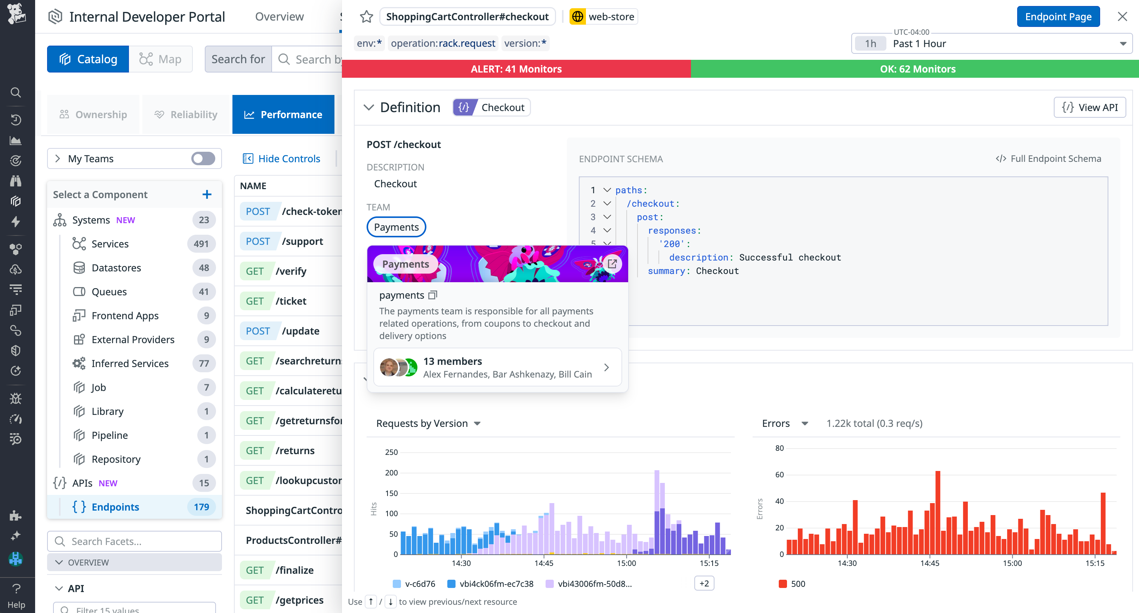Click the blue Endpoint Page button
click(x=1058, y=17)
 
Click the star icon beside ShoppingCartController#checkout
click(x=366, y=17)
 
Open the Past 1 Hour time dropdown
click(x=991, y=43)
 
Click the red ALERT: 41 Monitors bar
click(x=516, y=69)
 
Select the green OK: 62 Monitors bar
click(x=917, y=69)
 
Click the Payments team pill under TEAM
click(x=396, y=227)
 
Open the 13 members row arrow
click(x=606, y=367)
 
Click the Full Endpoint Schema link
click(x=1049, y=158)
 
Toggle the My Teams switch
click(x=203, y=158)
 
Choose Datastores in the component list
click(x=116, y=268)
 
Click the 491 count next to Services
click(x=201, y=244)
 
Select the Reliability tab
click(x=186, y=114)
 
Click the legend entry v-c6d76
click(x=419, y=584)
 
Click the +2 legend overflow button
click(x=704, y=583)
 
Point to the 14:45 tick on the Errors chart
click(x=929, y=563)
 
